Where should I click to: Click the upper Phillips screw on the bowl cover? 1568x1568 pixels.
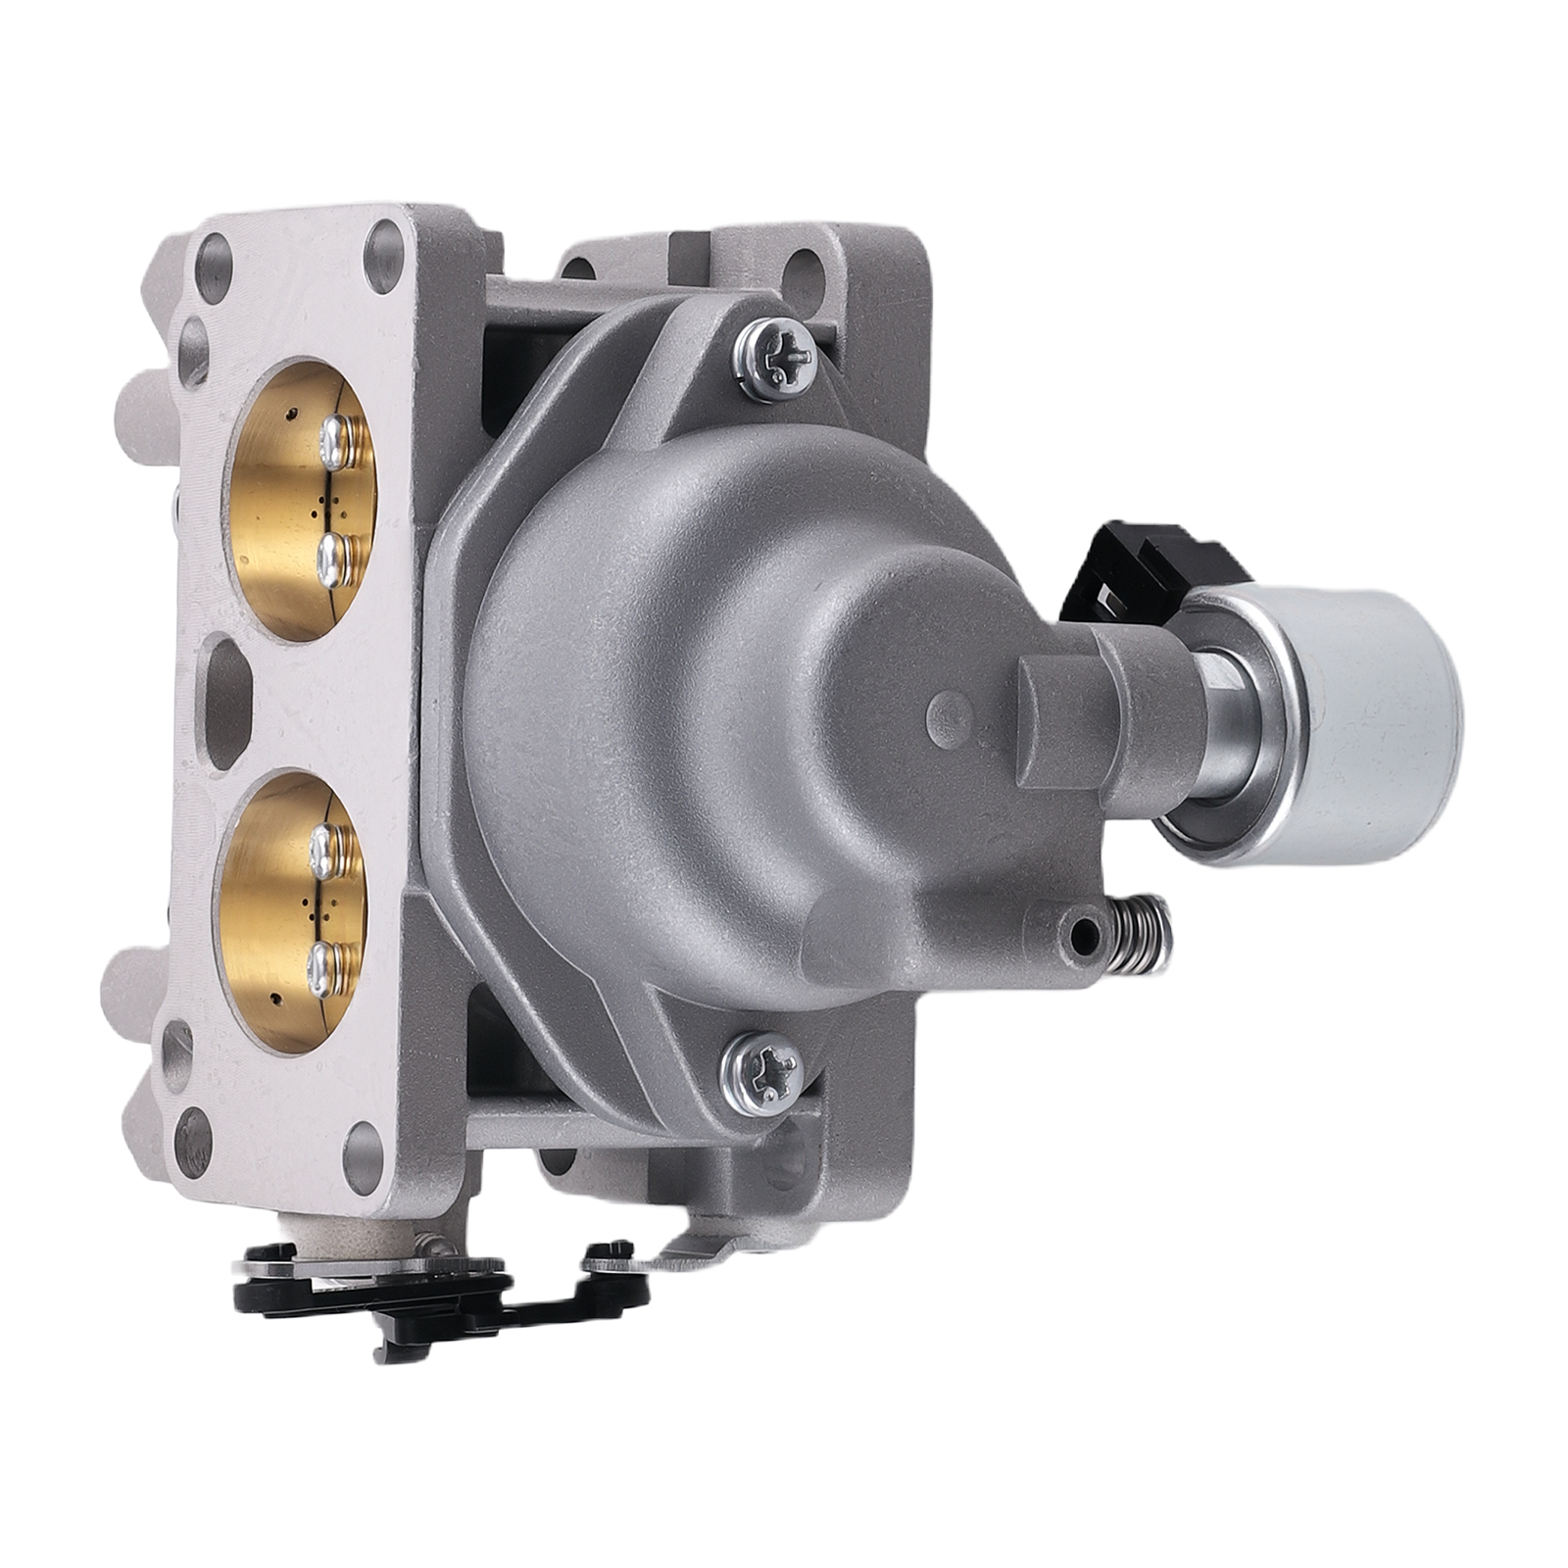tap(773, 357)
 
